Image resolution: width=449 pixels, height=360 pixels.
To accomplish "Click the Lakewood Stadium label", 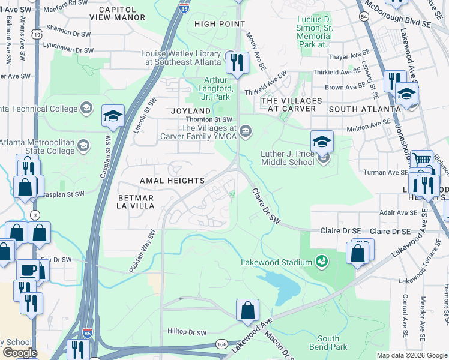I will pyautogui.click(x=276, y=262).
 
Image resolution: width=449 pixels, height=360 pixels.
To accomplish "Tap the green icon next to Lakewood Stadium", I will pyautogui.click(x=322, y=262).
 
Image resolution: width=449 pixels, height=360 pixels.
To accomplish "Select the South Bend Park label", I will pyautogui.click(x=333, y=343).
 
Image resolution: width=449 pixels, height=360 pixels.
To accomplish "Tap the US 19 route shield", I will pyautogui.click(x=37, y=35).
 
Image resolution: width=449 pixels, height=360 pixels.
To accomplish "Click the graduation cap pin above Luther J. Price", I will pyautogui.click(x=322, y=142).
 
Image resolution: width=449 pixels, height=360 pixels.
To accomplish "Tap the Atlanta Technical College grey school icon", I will pyautogui.click(x=86, y=109).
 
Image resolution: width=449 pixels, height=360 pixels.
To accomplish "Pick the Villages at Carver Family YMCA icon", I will pyautogui.click(x=246, y=131).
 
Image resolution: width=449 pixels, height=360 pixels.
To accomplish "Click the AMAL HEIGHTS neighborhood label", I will pyautogui.click(x=172, y=181).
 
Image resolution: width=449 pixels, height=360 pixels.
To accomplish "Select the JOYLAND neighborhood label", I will pyautogui.click(x=191, y=111).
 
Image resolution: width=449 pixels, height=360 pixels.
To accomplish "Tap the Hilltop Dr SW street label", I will pyautogui.click(x=187, y=332).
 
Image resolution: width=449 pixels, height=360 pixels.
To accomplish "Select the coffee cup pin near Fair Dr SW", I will pyautogui.click(x=28, y=271).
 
